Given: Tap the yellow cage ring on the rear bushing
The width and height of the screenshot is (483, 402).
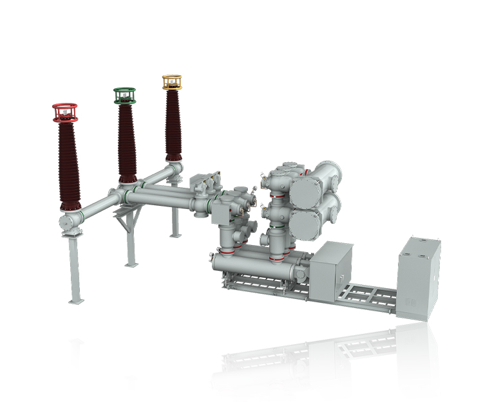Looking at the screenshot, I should point(171,82).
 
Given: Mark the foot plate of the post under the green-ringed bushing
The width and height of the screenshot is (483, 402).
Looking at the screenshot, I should point(131,263).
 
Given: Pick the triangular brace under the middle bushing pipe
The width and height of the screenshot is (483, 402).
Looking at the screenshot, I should point(125,219).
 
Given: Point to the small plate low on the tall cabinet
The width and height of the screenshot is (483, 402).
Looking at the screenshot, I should point(408,302).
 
